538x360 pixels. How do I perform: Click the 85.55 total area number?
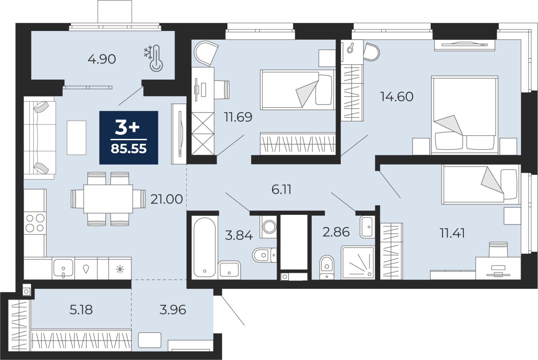pos(129,149)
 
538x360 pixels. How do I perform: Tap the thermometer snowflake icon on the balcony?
pos(154,59)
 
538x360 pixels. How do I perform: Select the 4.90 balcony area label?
pos(102,59)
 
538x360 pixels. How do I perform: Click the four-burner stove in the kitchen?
pos(35,223)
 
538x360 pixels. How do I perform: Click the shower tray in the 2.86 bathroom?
pos(358,263)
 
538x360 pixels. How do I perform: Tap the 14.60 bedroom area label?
pos(397,97)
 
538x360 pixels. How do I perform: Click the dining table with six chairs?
pos(108,199)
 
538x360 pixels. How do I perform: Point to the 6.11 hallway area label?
pos(281,190)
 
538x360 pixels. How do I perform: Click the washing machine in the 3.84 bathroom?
pos(269,227)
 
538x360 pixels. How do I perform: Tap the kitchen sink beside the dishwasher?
pos(63,268)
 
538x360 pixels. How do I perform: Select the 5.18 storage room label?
pos(81,310)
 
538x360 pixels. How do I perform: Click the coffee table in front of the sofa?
pos(76,137)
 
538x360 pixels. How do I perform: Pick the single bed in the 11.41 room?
pos(481,185)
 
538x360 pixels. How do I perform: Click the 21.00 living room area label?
pos(166,199)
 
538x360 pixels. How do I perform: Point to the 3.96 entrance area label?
pos(172,310)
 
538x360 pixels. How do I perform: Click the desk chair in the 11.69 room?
pos(222,89)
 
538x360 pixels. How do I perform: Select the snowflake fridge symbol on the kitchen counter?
pos(120,269)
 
